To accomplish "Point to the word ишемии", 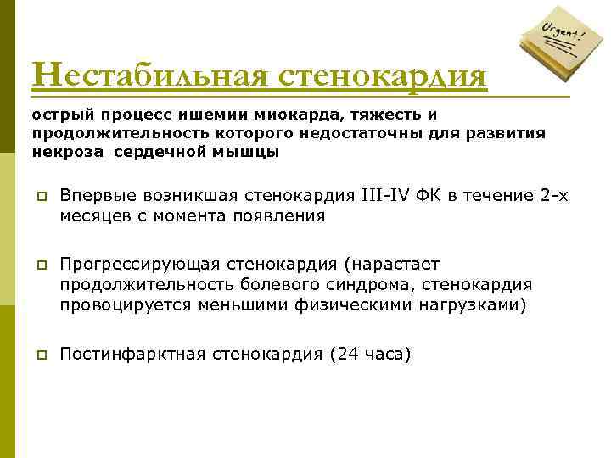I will (x=218, y=115).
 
